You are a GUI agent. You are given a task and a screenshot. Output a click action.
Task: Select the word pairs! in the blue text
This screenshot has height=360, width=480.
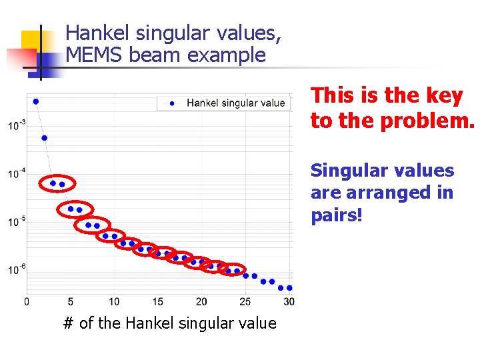(x=337, y=215)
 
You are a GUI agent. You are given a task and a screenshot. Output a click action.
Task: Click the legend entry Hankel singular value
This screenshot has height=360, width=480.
(x=235, y=103)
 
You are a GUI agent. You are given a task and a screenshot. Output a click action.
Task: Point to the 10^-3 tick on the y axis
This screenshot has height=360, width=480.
(x=17, y=125)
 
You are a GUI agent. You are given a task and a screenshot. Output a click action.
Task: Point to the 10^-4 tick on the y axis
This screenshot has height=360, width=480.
(x=17, y=173)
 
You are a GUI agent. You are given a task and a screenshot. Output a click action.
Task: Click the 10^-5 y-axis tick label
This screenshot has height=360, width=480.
(x=17, y=221)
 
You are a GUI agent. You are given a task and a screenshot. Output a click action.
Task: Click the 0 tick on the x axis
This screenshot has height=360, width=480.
(x=27, y=301)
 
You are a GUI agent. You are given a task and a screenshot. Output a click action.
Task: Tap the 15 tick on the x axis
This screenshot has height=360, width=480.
(x=158, y=301)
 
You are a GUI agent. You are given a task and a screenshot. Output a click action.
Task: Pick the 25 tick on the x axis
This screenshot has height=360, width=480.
(x=245, y=301)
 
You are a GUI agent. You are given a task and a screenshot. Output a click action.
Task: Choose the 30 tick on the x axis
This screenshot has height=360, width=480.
(x=289, y=301)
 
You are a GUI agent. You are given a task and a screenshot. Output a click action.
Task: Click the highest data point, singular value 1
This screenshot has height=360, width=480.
(x=36, y=101)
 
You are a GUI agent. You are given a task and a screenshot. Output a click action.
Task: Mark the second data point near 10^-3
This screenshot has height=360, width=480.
(x=45, y=138)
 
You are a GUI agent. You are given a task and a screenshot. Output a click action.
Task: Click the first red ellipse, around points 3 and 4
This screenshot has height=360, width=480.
(x=57, y=183)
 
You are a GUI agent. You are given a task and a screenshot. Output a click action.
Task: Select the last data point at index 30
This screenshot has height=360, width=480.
(x=289, y=288)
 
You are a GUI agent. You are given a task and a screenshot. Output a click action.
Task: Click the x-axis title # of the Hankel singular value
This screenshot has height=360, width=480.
(x=169, y=324)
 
